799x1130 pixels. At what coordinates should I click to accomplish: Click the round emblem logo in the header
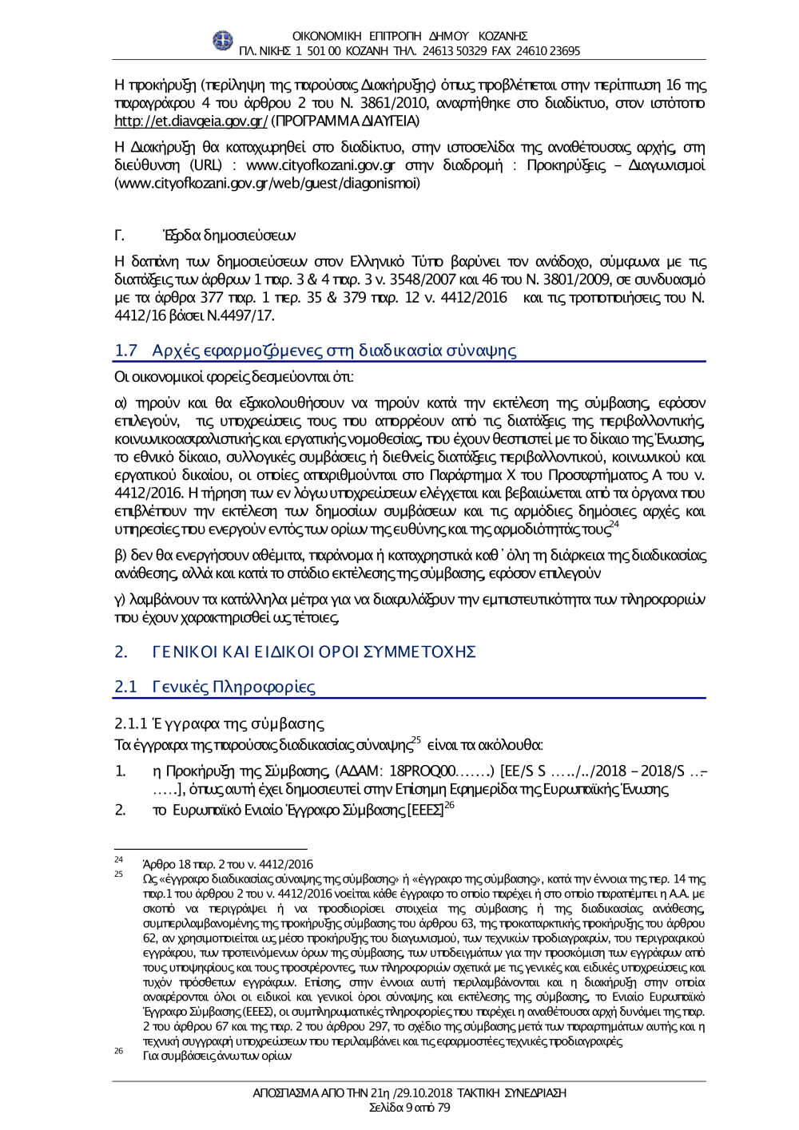point(223,41)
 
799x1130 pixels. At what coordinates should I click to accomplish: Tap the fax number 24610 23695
point(548,51)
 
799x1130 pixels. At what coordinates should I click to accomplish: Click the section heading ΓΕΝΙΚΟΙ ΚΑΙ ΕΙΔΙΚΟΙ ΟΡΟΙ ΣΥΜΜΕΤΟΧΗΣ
point(314,652)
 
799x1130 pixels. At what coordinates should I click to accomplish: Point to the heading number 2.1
point(125,687)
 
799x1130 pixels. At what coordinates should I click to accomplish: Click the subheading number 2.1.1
point(131,724)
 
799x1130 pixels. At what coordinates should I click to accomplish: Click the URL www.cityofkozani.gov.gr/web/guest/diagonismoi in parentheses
point(268,184)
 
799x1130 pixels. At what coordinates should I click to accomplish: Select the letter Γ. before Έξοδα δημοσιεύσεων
point(120,236)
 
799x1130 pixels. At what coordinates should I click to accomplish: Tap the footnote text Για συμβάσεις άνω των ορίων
point(217,1056)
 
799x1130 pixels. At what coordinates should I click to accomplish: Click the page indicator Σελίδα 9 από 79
point(409,1108)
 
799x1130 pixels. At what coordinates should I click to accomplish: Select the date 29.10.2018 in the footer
point(419,1092)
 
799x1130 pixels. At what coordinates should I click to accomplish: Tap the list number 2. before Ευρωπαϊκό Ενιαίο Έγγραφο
point(120,810)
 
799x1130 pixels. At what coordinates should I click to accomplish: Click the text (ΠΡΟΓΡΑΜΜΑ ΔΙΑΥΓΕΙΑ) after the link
point(345,121)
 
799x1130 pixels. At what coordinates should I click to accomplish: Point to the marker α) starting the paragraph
point(121,403)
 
